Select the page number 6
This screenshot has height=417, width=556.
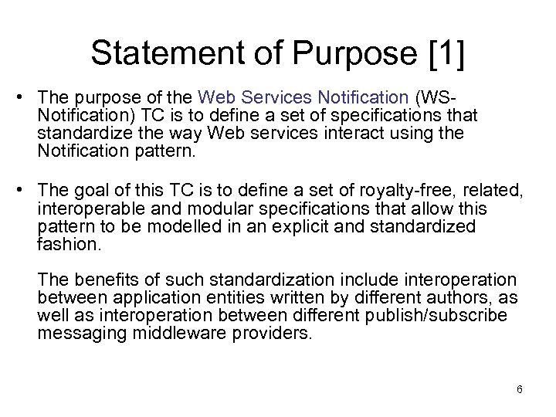click(x=520, y=389)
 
